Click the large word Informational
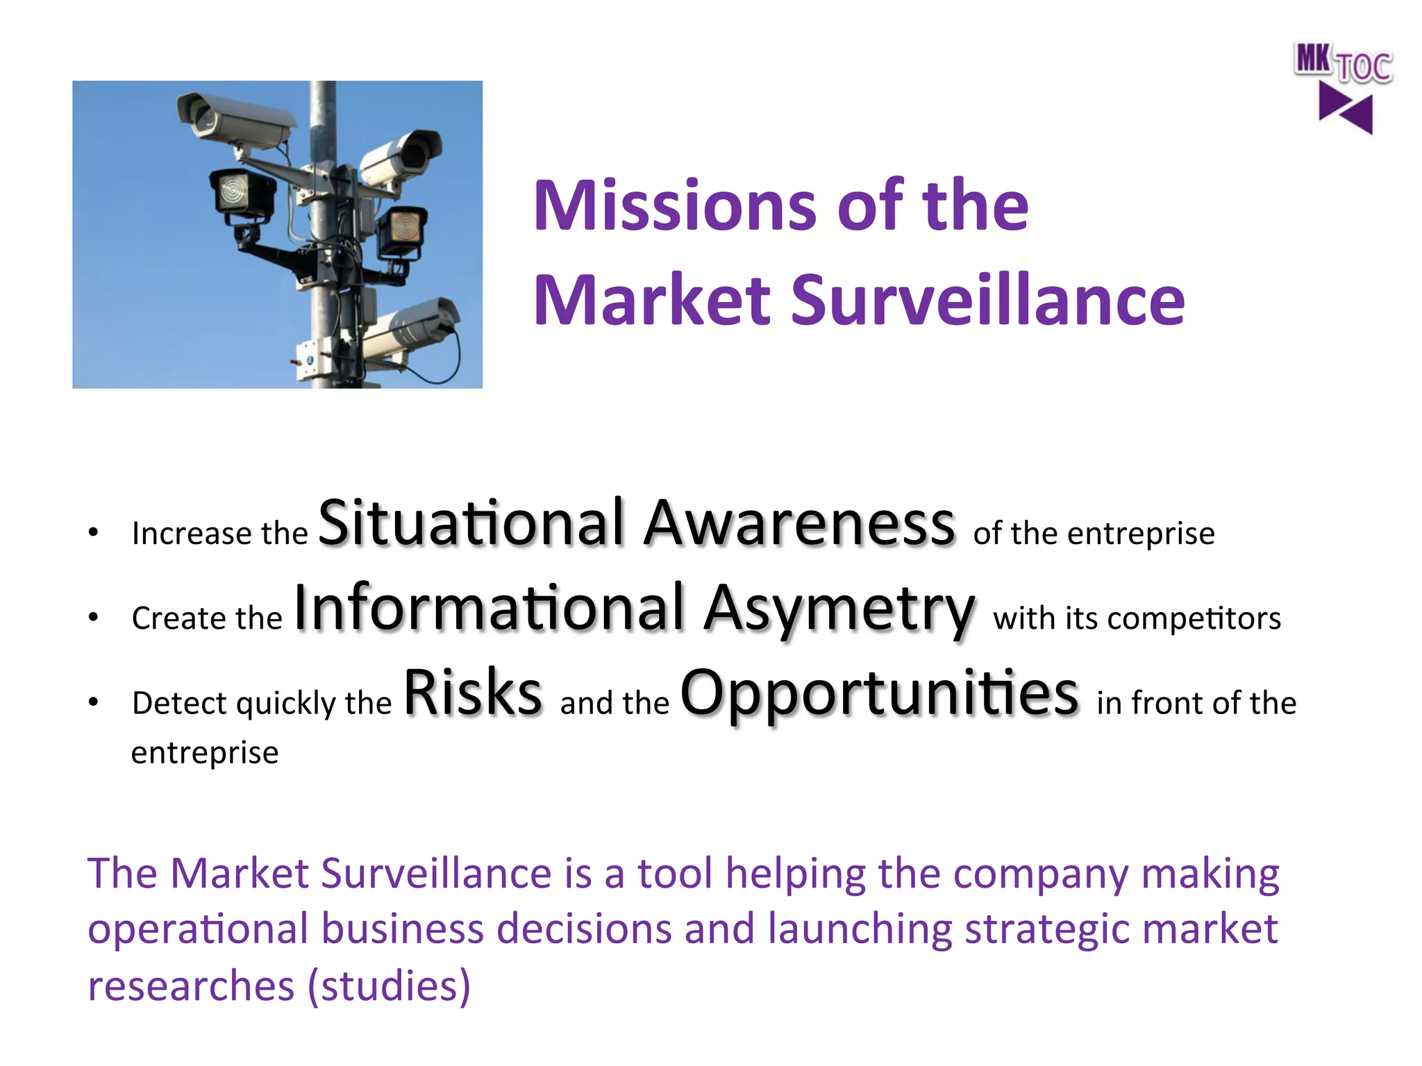(490, 608)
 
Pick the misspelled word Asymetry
(839, 609)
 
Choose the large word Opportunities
(879, 693)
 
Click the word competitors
(1194, 618)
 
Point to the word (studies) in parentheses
(389, 985)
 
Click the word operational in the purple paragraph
(198, 930)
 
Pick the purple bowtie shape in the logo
(1346, 109)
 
